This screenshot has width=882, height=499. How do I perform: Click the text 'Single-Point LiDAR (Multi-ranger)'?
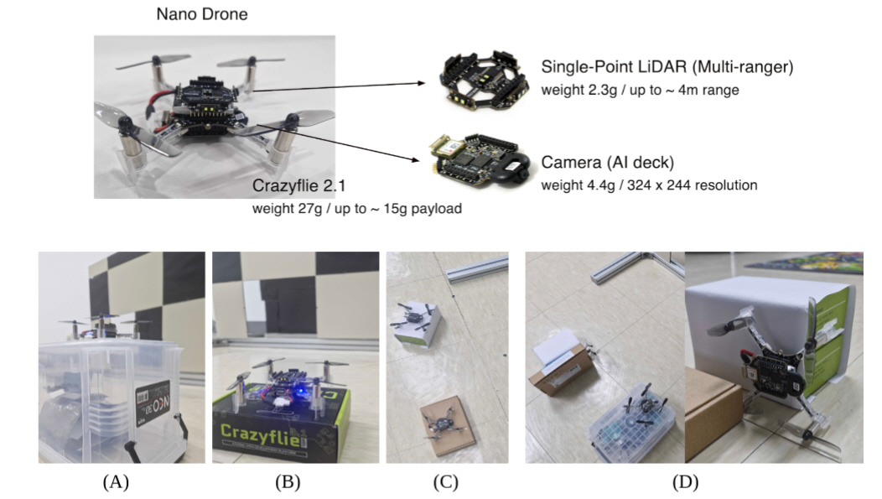click(656, 68)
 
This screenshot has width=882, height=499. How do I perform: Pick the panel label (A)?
click(117, 482)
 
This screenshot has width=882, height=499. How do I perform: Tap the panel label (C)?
click(445, 482)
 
